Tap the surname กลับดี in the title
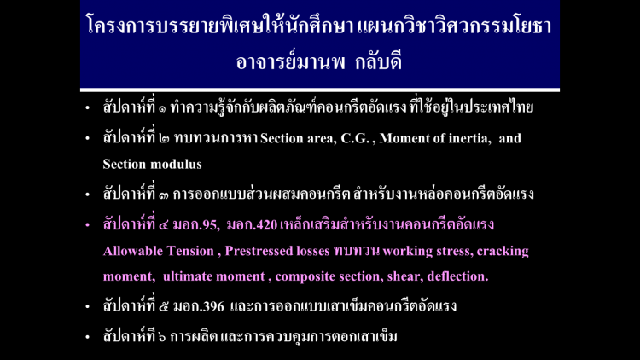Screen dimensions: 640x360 (379, 62)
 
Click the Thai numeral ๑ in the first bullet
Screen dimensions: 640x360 (162, 109)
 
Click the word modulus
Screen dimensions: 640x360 (180, 164)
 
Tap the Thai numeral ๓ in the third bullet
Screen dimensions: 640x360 (163, 195)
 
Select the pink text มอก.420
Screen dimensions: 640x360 (253, 225)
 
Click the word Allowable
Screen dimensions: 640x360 (132, 251)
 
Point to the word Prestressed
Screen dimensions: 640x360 (259, 251)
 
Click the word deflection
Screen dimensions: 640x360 (457, 276)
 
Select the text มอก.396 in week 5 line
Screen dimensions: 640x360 (199, 306)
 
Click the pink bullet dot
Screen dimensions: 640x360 (87, 225)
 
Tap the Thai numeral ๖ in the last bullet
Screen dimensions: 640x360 (161, 337)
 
